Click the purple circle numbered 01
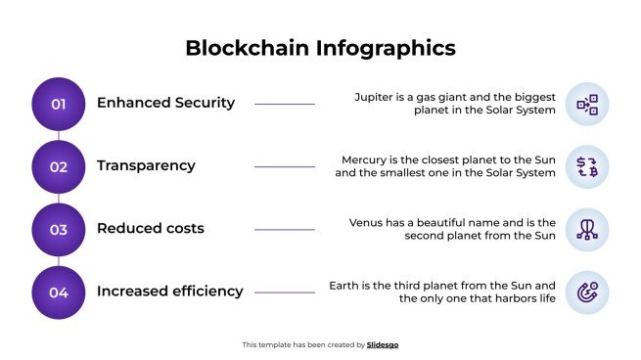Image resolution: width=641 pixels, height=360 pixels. (x=59, y=104)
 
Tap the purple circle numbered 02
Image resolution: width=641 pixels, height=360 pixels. (x=59, y=166)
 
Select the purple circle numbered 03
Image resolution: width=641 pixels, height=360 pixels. (x=59, y=229)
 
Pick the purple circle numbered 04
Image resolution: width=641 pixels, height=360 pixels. (x=59, y=292)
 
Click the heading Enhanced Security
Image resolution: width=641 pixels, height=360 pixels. (x=165, y=103)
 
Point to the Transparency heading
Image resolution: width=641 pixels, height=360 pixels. (x=146, y=165)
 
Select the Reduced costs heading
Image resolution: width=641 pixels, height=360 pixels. (x=150, y=228)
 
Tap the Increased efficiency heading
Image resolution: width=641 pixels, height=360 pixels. (x=169, y=291)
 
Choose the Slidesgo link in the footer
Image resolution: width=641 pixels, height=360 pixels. (x=383, y=344)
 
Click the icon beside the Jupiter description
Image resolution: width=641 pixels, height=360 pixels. (x=587, y=104)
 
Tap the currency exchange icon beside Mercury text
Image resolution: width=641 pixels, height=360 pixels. (x=587, y=166)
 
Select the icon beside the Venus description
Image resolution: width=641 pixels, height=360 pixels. (x=587, y=229)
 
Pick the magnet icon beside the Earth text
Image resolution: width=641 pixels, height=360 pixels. (x=587, y=292)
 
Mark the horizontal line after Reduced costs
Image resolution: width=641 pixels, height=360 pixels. (x=284, y=229)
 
